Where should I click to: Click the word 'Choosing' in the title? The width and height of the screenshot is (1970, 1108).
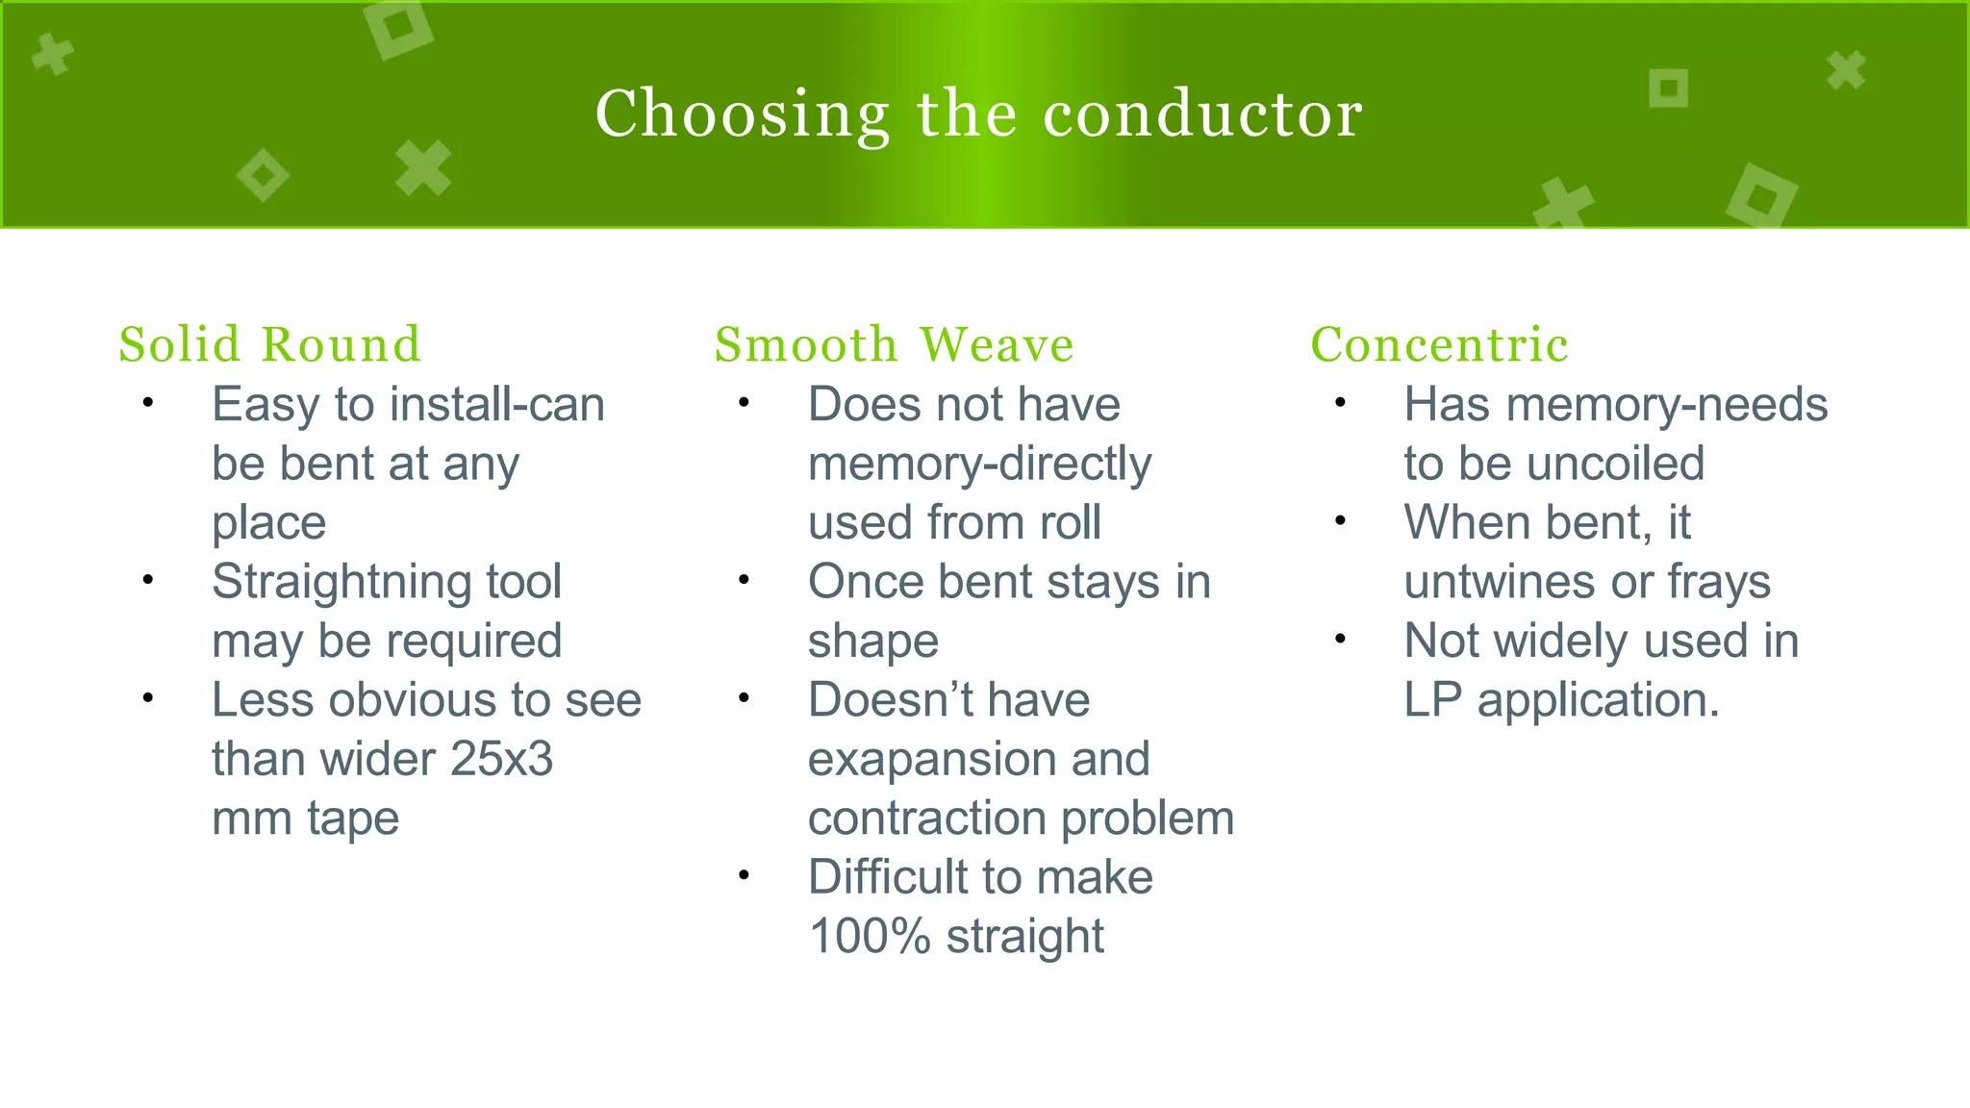click(743, 114)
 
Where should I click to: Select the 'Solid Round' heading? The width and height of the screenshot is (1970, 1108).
click(270, 344)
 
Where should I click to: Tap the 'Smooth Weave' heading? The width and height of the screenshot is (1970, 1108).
click(894, 344)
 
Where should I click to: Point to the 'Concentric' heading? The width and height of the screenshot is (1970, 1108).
click(1439, 344)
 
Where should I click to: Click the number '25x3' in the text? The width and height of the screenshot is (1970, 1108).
click(501, 759)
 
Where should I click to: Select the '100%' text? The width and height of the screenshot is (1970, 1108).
click(870, 936)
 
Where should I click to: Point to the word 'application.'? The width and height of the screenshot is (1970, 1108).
click(1598, 700)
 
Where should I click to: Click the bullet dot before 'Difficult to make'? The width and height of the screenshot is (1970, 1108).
click(744, 875)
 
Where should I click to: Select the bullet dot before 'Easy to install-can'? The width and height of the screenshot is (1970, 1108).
click(147, 403)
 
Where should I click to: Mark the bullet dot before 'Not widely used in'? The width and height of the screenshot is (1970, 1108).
click(1340, 640)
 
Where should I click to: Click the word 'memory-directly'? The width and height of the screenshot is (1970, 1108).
click(979, 465)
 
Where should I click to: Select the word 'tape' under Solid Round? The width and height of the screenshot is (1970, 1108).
click(352, 818)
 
